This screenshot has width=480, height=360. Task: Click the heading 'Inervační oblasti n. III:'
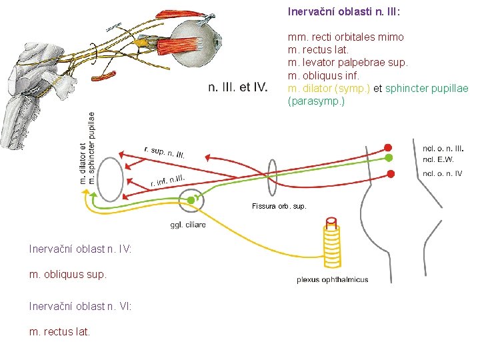click(343, 11)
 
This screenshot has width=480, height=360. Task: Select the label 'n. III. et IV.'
click(238, 87)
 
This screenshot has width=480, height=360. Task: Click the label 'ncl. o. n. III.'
click(443, 147)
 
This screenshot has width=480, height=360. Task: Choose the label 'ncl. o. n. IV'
click(442, 174)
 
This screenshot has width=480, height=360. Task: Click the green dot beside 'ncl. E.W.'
click(389, 158)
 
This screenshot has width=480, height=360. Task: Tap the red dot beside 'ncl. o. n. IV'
click(391, 173)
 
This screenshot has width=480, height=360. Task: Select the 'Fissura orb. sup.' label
click(279, 207)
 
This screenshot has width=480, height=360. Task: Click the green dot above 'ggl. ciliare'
click(191, 200)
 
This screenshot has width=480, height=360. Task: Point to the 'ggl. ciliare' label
click(188, 225)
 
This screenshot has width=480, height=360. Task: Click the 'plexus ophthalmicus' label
click(332, 280)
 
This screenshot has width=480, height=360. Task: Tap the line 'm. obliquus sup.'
click(68, 274)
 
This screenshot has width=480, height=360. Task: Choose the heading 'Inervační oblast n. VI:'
click(80, 305)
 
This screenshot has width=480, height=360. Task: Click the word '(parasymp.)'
click(316, 102)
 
